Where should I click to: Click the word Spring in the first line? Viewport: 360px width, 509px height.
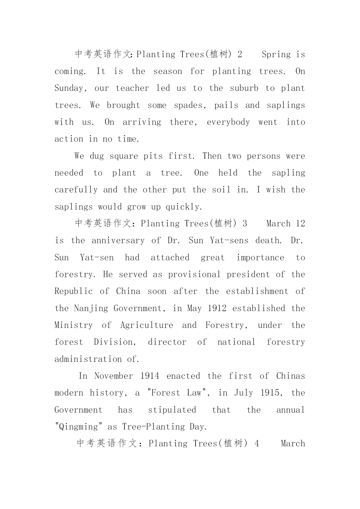click(x=276, y=55)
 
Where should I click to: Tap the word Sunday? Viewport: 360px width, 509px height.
click(x=69, y=89)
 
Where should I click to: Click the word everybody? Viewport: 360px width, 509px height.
click(x=228, y=122)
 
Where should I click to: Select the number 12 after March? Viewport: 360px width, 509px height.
click(x=300, y=224)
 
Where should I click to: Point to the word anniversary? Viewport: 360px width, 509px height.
click(x=118, y=241)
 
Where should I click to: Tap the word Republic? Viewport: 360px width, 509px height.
click(x=73, y=291)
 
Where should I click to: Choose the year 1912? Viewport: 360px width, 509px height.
click(x=217, y=308)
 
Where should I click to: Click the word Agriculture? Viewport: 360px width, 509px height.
click(x=146, y=325)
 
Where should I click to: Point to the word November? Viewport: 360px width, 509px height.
click(x=114, y=376)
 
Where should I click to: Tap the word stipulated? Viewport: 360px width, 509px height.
click(x=172, y=410)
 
